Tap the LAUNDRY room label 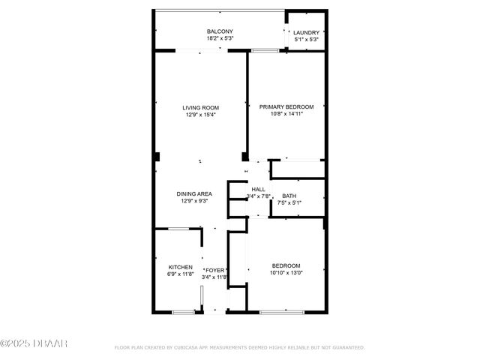coord(306,32)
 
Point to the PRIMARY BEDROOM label coord(286,107)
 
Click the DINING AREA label coord(194,193)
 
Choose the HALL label coord(258,189)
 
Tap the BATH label coord(289,196)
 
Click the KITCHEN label coord(180,268)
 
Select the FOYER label coord(215,270)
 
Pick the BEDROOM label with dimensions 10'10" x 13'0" coord(286,266)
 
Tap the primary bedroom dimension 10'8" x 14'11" coord(286,114)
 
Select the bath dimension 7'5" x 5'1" coord(289,202)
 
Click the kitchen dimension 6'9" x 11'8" coord(180,275)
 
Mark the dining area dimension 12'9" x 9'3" coord(194,201)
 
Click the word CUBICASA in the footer coord(202,348)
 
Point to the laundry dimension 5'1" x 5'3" coord(306,39)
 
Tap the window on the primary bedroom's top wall coord(264,51)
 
